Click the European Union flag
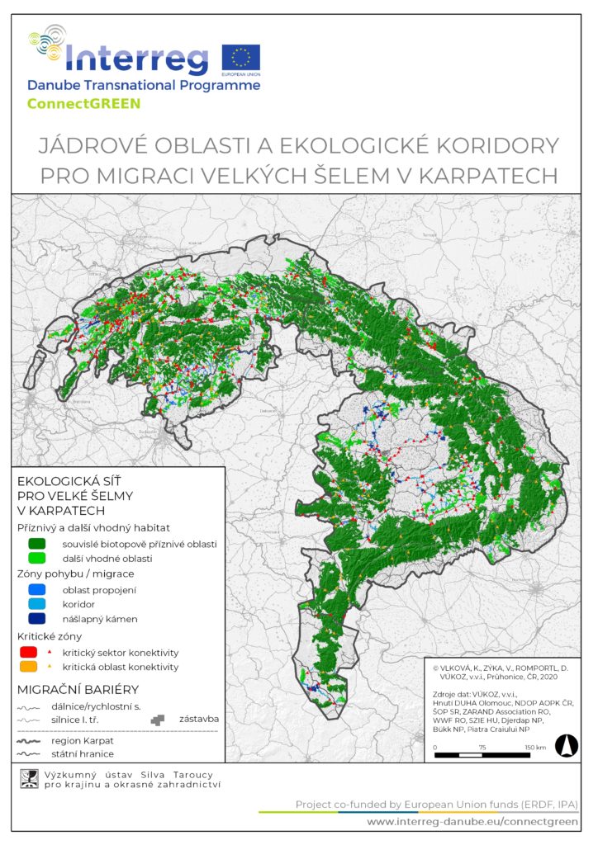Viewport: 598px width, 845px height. [x=241, y=57]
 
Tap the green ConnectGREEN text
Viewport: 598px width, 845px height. [x=84, y=104]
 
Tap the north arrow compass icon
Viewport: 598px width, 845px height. [x=567, y=745]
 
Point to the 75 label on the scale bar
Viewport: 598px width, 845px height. [x=483, y=748]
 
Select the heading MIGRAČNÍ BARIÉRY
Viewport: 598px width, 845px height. [x=78, y=689]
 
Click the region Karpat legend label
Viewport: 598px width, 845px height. [x=91, y=740]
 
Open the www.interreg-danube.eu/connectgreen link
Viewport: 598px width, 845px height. [x=472, y=823]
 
